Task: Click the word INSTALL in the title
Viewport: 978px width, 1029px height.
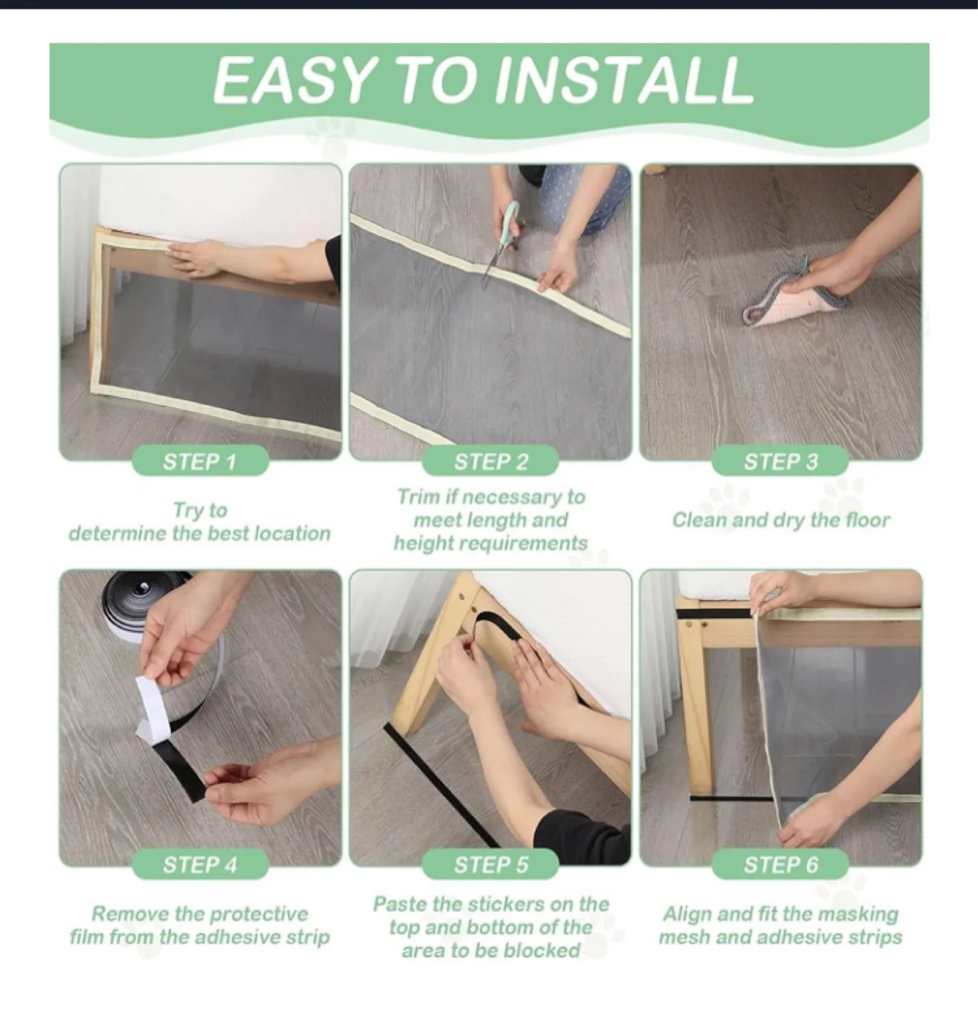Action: (624, 80)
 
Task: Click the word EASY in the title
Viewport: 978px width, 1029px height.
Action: (294, 80)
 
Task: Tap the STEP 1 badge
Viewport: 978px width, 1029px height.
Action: (200, 462)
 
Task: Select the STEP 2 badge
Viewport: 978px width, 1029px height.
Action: (491, 462)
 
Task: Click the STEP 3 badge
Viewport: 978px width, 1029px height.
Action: (781, 462)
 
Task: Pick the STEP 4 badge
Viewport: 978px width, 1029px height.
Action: (200, 865)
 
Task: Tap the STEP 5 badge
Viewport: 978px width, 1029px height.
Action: (491, 865)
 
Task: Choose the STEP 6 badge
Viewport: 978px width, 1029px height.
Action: (781, 865)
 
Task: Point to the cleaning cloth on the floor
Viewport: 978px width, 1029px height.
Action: (786, 304)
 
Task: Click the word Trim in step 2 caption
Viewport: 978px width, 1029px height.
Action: (418, 497)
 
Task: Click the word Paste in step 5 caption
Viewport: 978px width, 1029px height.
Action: (400, 905)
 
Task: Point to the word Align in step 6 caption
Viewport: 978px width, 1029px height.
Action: (687, 914)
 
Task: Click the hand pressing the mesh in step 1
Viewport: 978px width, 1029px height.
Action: (200, 257)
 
